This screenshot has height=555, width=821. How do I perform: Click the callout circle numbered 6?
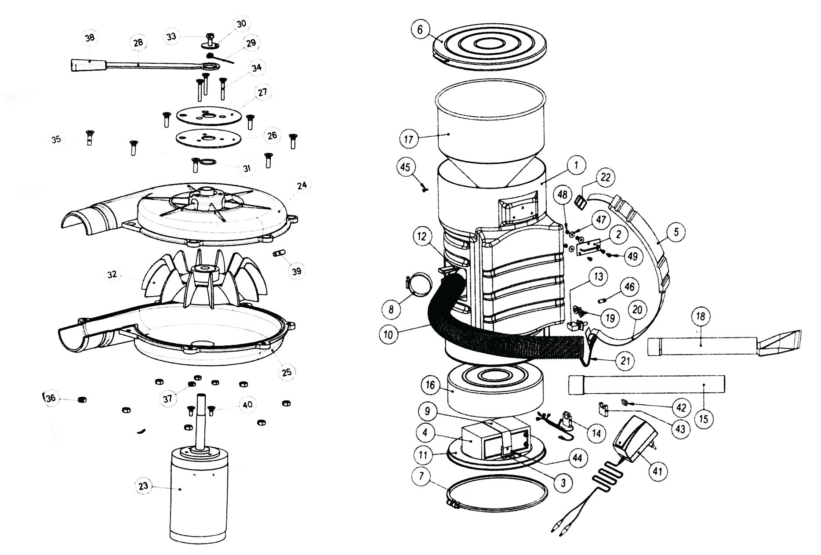[420, 29]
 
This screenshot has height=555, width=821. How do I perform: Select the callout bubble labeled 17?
[409, 139]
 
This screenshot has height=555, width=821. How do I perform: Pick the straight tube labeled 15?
[646, 385]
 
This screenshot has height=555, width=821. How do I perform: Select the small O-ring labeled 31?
[208, 163]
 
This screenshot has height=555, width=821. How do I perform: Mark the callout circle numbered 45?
[405, 167]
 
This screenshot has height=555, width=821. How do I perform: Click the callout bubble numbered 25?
[286, 372]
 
